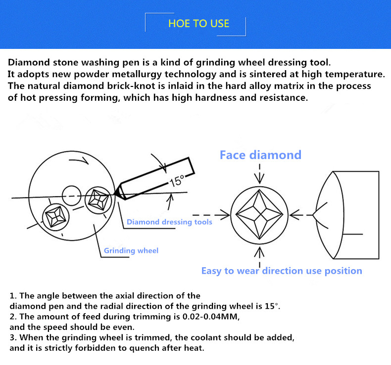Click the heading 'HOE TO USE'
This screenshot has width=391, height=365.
pos(198,23)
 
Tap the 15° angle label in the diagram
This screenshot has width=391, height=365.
pos(177,181)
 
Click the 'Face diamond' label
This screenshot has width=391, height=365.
pos(260,155)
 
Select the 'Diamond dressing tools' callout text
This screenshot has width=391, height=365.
pos(169,222)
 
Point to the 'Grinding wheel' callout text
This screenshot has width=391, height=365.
pos(131,250)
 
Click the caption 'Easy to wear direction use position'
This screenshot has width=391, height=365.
pos(281,271)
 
